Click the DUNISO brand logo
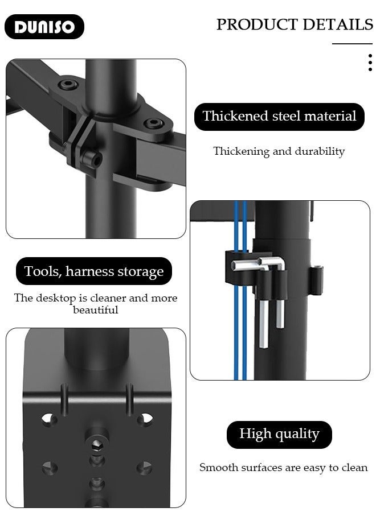[x=44, y=27]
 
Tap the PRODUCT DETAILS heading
[x=294, y=24]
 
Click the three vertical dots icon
[x=370, y=63]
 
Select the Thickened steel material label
[x=279, y=117]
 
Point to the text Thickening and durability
[x=279, y=151]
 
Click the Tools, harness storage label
[x=94, y=271]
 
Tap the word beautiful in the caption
[x=96, y=310]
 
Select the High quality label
[x=279, y=435]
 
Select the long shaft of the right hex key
[x=280, y=307]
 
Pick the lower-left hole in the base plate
[x=49, y=468]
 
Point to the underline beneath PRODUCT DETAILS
[x=352, y=44]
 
